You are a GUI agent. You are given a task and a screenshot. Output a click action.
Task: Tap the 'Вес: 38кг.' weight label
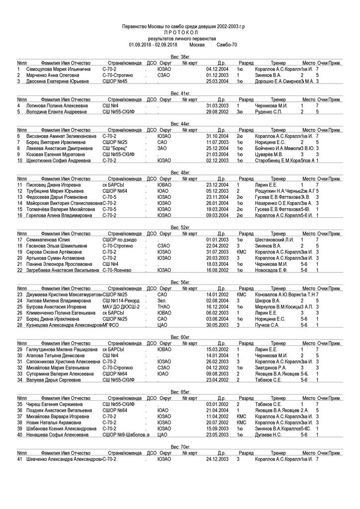coord(180,58)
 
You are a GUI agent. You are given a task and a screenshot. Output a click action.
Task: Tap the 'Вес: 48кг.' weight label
coord(180,172)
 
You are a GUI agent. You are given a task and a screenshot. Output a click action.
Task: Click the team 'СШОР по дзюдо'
coord(120,240)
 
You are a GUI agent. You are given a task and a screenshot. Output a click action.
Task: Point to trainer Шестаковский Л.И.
coord(274,240)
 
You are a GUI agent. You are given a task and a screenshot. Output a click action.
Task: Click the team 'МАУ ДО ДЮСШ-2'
coord(121,307)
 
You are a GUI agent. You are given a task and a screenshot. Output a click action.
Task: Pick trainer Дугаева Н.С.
coord(268,434)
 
